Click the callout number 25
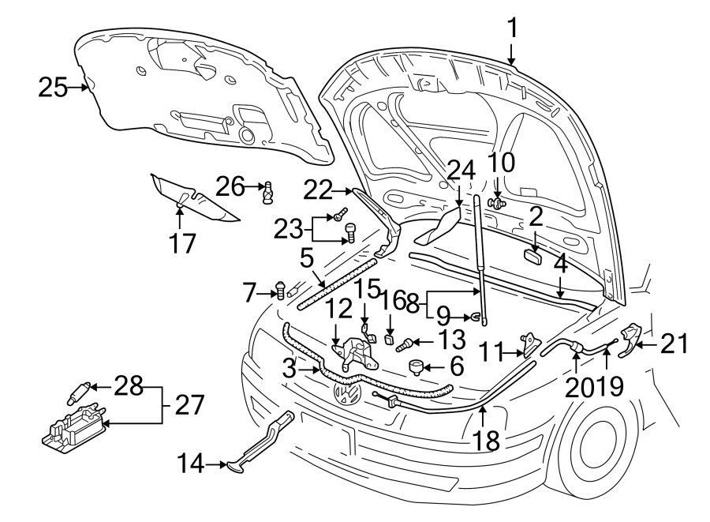pos(53,88)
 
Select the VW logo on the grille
pos(347,393)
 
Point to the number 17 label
pos(181,242)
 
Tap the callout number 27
pos(189,405)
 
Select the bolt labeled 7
pos(280,292)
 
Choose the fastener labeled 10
pos(496,203)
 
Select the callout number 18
pos(488,440)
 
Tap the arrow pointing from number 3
pos(308,368)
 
